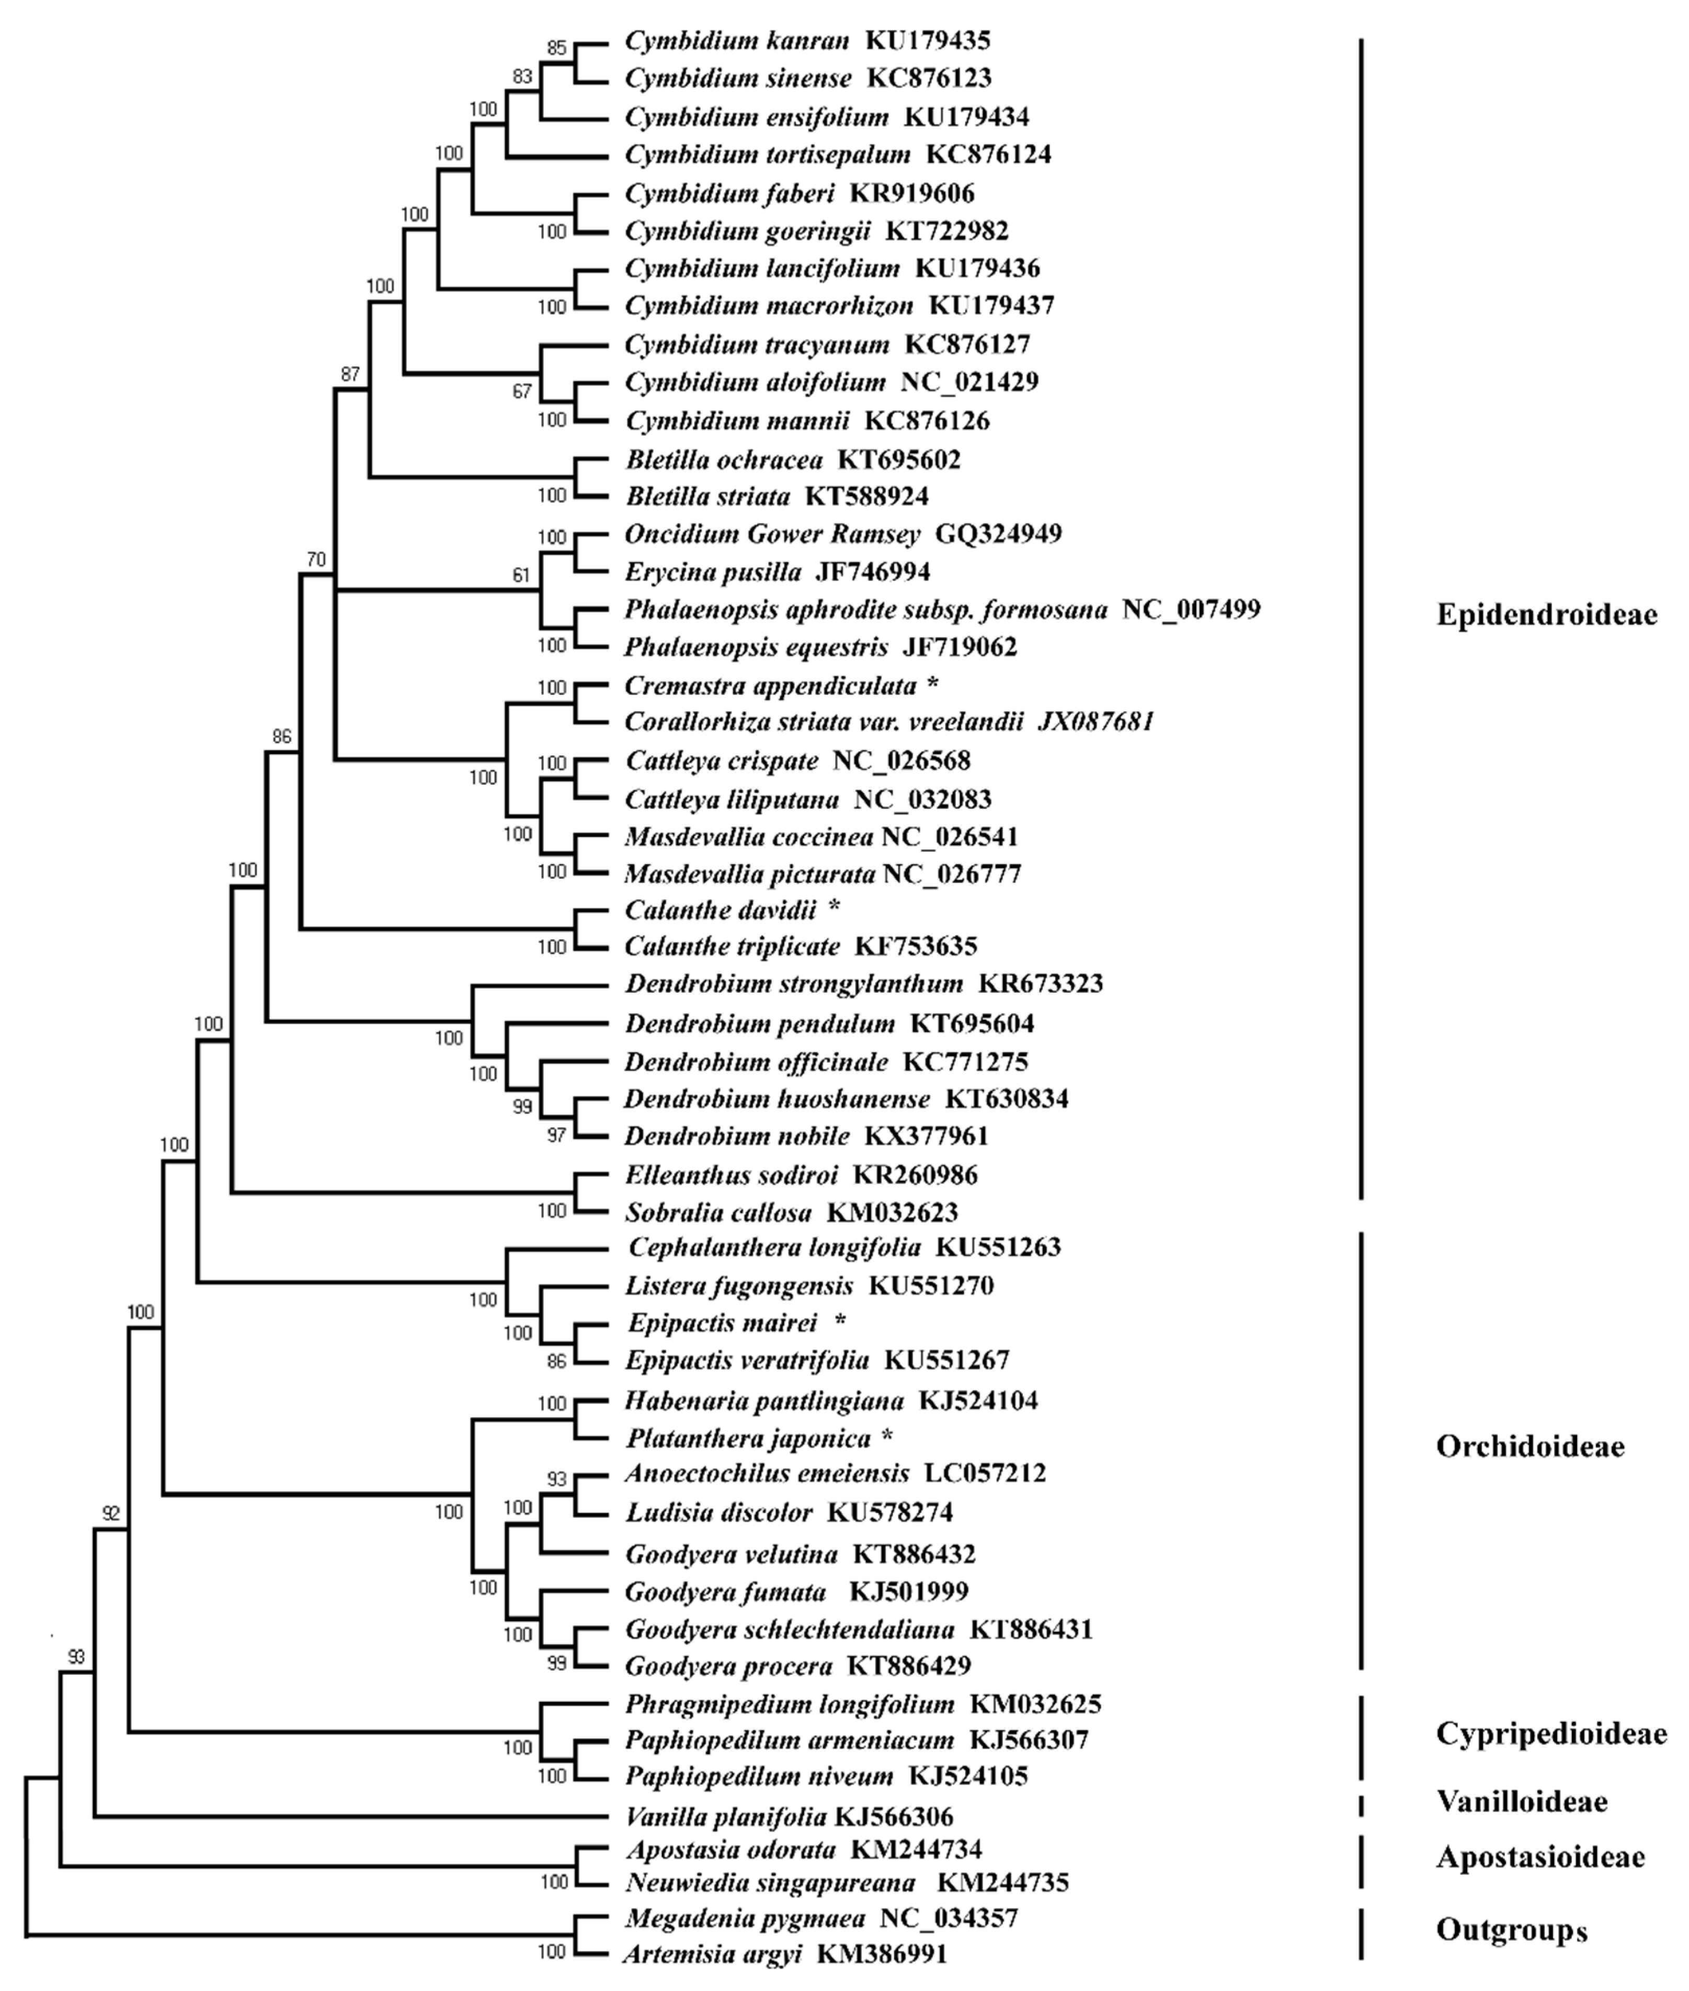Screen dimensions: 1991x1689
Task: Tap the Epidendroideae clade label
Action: pos(1546,615)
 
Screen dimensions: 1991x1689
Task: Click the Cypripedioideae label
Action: pos(1551,1733)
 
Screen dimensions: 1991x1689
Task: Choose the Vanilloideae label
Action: pos(1522,1801)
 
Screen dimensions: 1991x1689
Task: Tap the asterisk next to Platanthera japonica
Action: pos(887,1437)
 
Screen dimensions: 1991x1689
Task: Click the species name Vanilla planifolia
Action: pos(725,1816)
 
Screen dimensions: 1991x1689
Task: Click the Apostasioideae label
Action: pos(1539,1857)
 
